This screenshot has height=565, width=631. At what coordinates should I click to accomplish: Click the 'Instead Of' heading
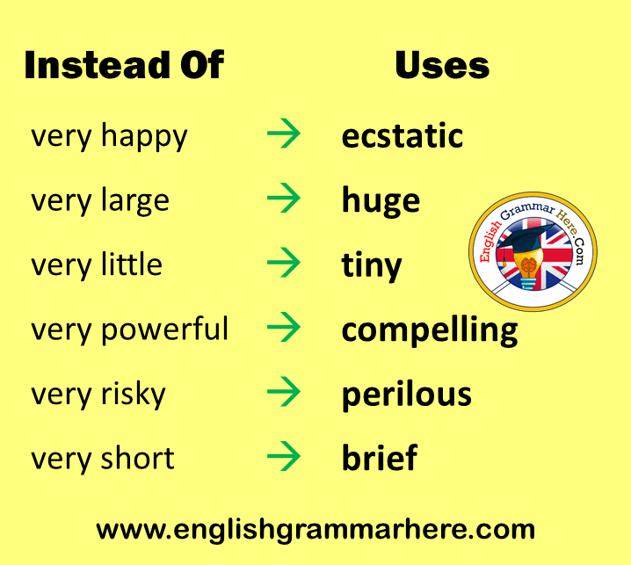click(124, 65)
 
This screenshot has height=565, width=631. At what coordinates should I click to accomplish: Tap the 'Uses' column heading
click(442, 65)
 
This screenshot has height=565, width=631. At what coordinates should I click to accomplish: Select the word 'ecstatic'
click(402, 135)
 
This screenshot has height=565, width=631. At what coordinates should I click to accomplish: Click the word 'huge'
click(381, 201)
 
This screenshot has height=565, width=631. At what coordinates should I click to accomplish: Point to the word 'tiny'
click(372, 265)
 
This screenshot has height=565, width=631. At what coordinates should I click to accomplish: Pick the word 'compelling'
click(430, 330)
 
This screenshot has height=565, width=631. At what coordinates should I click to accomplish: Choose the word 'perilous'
click(406, 395)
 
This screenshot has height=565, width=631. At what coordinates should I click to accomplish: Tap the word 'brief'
click(380, 457)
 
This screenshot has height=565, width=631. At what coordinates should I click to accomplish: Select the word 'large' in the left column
click(134, 201)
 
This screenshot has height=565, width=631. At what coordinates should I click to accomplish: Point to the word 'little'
click(132, 264)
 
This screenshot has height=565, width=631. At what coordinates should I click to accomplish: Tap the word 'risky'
click(134, 395)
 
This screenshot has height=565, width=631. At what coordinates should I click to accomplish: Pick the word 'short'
click(138, 458)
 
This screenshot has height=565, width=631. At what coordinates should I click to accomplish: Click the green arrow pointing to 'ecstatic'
click(284, 134)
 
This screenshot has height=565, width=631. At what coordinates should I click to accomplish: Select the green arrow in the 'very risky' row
click(284, 392)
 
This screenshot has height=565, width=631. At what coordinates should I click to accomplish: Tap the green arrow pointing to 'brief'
click(284, 456)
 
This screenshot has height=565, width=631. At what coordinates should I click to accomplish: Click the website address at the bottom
click(315, 531)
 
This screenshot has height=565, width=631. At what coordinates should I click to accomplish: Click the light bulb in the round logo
click(528, 268)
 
